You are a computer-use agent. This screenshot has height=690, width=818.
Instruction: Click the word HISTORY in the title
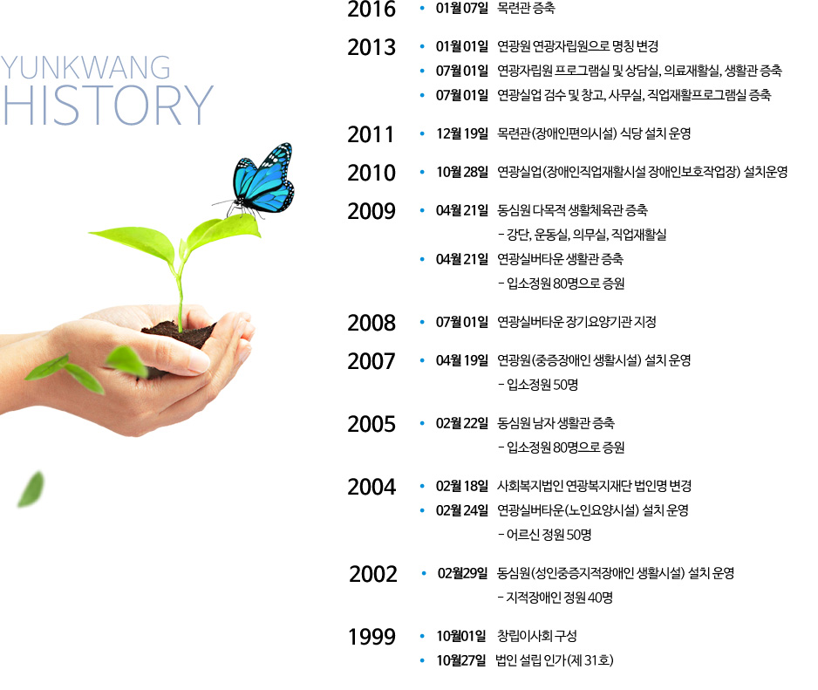(108, 106)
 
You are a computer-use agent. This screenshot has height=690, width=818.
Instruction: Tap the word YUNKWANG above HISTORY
(85, 68)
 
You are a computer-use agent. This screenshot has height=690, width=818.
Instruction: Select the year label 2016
(372, 9)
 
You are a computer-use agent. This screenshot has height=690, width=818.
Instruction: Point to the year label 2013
(372, 47)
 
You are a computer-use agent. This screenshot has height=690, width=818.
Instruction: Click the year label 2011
(371, 134)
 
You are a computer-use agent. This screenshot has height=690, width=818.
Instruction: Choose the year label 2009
(372, 211)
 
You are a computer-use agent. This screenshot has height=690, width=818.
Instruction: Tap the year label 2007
(372, 361)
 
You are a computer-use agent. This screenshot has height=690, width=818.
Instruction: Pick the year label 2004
(372, 487)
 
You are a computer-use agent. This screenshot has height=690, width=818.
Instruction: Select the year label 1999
(372, 637)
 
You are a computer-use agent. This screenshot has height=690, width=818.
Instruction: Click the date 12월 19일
(462, 134)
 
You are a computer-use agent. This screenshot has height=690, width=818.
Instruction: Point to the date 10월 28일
(462, 172)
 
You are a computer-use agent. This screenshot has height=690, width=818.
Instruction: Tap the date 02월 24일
(462, 510)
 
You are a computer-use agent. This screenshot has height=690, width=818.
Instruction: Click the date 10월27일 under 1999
(461, 660)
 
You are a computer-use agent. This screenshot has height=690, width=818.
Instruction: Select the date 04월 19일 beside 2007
(462, 360)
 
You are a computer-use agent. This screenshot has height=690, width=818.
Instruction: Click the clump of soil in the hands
(179, 334)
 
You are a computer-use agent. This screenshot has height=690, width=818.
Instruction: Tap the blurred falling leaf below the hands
(31, 489)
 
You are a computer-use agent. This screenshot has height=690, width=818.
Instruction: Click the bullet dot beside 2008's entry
(422, 322)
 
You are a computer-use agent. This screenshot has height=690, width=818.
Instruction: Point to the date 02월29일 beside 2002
(463, 574)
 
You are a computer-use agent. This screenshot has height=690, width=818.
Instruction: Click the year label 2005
(372, 424)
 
